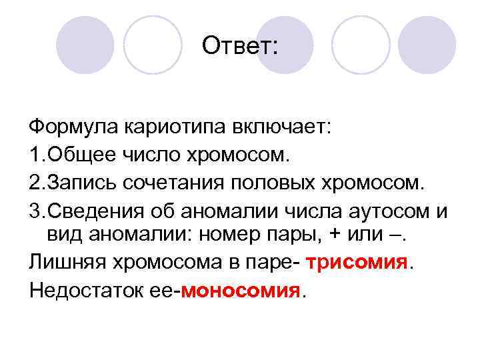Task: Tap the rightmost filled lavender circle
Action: pyautogui.click(x=427, y=45)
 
